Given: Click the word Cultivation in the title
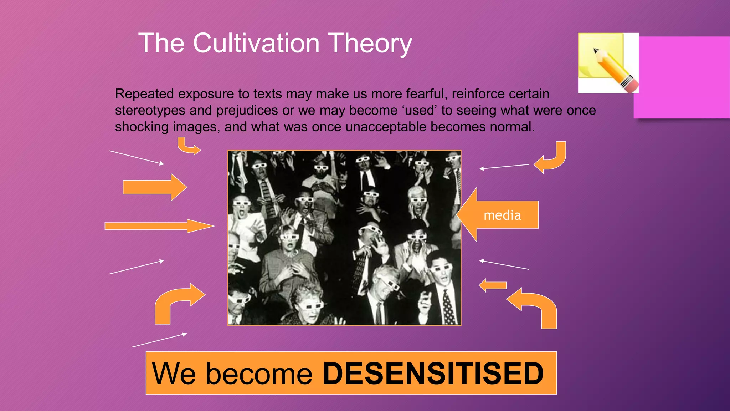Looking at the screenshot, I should click(x=256, y=43).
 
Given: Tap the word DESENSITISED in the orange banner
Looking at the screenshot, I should click(x=433, y=374).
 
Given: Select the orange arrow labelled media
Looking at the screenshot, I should click(x=499, y=215).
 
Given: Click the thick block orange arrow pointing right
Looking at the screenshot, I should click(x=155, y=187).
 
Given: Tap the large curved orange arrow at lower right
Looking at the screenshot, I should click(x=535, y=306).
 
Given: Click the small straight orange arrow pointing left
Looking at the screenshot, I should click(x=493, y=285).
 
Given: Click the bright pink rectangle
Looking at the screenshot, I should click(x=682, y=77).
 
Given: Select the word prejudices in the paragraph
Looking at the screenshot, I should click(x=247, y=111).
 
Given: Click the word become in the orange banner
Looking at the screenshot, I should click(x=259, y=374).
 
